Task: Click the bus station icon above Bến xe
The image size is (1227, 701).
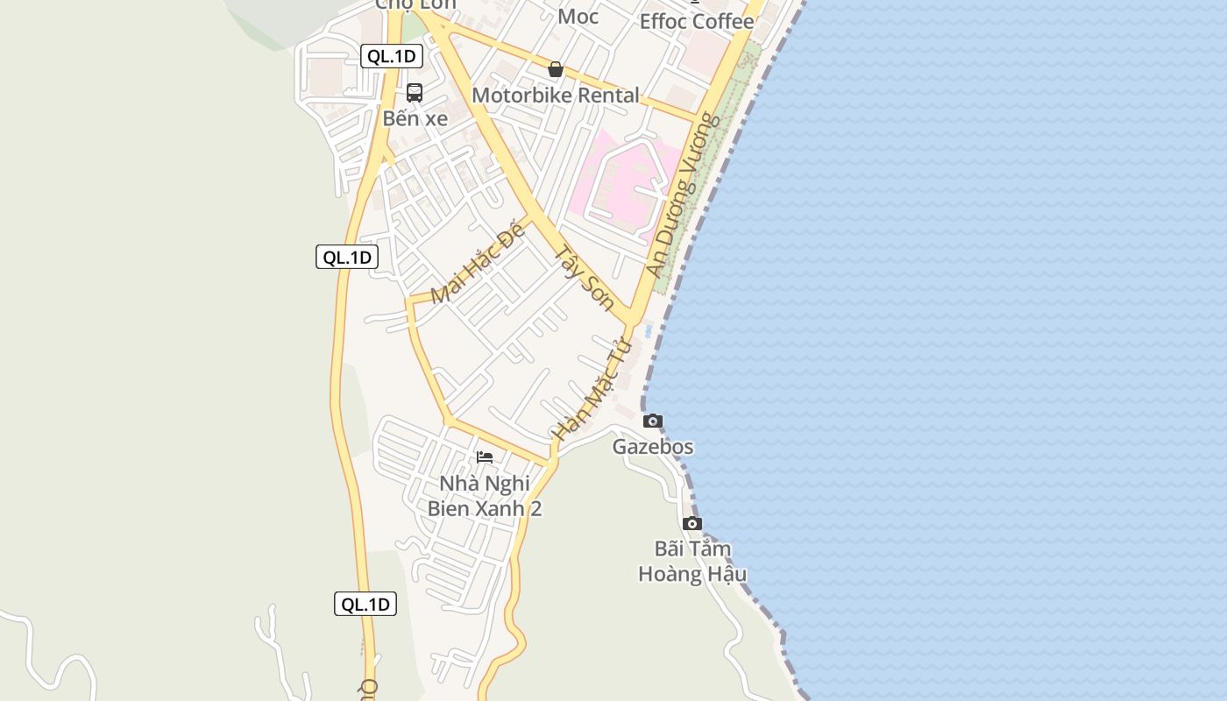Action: pyautogui.click(x=415, y=92)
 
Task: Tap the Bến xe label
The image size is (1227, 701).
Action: pyautogui.click(x=415, y=118)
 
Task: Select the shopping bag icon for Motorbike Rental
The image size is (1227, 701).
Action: pyautogui.click(x=555, y=69)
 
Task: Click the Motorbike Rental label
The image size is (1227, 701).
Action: pyautogui.click(x=555, y=96)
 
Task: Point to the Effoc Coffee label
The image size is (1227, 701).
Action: pyautogui.click(x=696, y=22)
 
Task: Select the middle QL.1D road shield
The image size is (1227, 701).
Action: pyautogui.click(x=347, y=257)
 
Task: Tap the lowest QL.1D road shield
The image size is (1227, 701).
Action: pyautogui.click(x=365, y=604)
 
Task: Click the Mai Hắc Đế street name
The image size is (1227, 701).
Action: pyautogui.click(x=478, y=264)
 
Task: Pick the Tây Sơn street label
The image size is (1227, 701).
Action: pyautogui.click(x=585, y=276)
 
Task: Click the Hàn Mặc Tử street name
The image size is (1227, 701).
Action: pyautogui.click(x=592, y=389)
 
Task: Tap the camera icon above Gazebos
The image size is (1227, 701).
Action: pyautogui.click(x=653, y=421)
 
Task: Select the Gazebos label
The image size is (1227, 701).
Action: pyautogui.click(x=653, y=447)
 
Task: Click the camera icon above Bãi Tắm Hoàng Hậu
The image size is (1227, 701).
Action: pyautogui.click(x=692, y=524)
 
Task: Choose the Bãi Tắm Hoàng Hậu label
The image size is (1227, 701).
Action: pyautogui.click(x=692, y=562)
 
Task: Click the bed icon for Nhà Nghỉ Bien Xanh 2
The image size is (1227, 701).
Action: pyautogui.click(x=485, y=457)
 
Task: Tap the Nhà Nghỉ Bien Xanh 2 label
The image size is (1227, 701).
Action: pyautogui.click(x=485, y=496)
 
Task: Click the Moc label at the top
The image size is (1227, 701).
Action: pyautogui.click(x=578, y=16)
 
